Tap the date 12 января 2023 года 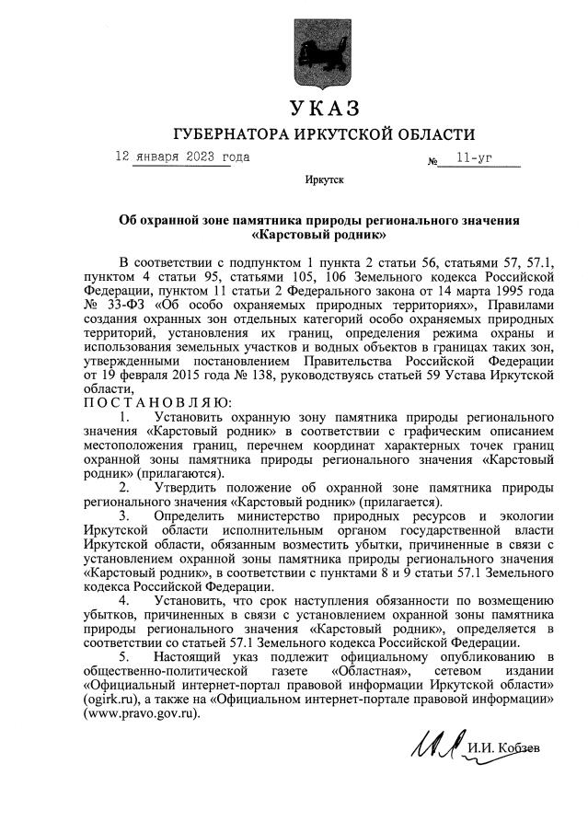tap(181, 156)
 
